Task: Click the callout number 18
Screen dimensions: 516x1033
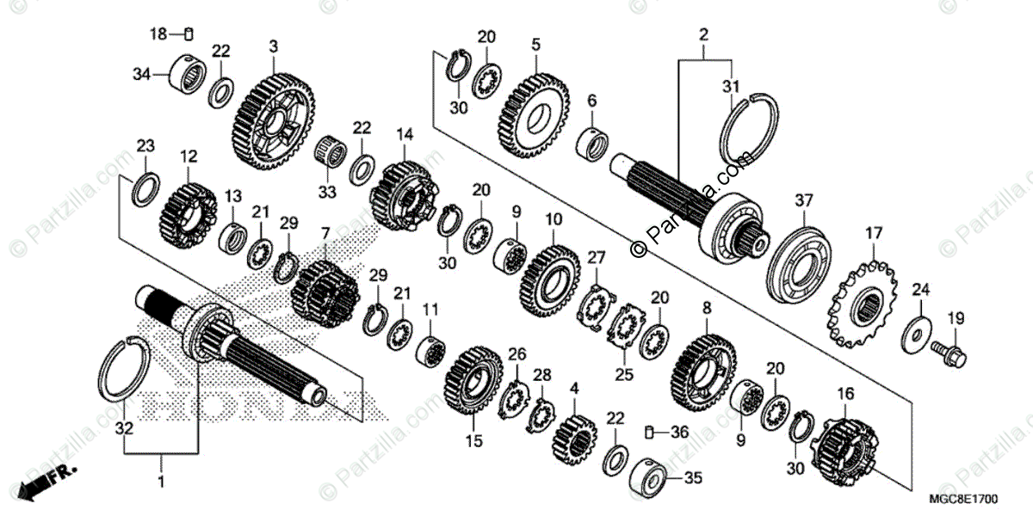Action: [158, 34]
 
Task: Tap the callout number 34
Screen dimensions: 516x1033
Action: [142, 75]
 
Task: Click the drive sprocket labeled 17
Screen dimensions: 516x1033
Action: [861, 304]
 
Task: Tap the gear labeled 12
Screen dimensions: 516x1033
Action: [187, 212]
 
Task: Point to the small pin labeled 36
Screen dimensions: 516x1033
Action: [652, 433]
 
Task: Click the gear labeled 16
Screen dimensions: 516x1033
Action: [843, 448]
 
